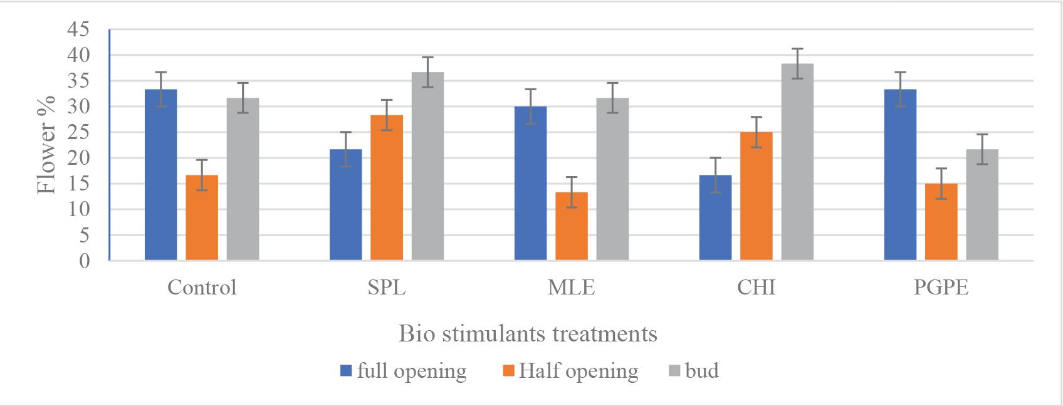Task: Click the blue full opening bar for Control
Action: point(161,175)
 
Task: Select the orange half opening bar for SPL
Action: point(387,187)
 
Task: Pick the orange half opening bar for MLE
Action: point(572,226)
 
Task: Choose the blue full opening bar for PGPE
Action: point(900,175)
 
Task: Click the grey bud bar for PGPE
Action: point(982,205)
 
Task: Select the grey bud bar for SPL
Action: point(427,166)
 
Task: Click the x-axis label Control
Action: point(202,288)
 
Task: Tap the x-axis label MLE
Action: point(572,288)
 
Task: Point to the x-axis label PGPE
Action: point(941,288)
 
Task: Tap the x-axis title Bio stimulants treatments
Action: point(528,333)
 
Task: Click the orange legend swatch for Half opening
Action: point(508,371)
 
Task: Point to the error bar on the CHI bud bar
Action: point(797,63)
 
